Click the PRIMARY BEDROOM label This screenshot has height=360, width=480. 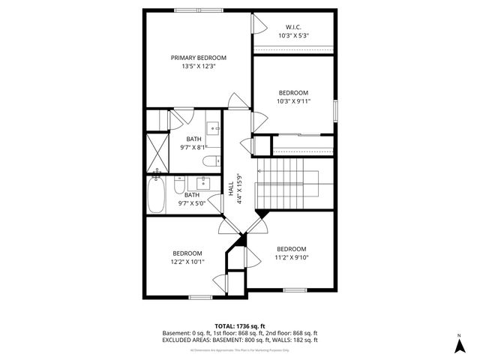(198, 58)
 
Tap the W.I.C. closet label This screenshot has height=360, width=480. (293, 27)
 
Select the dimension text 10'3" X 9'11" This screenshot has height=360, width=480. (293, 101)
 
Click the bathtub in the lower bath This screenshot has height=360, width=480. (157, 194)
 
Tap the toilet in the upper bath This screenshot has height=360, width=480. (211, 160)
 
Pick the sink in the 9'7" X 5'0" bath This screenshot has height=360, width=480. (202, 182)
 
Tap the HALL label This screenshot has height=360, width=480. (231, 190)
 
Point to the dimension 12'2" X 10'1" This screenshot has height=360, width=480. (187, 262)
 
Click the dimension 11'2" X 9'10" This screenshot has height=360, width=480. (291, 257)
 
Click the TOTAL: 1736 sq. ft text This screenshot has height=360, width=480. (240, 325)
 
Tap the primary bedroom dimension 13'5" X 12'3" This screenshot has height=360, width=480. (198, 66)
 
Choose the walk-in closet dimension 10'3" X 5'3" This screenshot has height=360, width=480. (293, 35)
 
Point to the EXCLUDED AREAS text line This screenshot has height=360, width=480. (240, 340)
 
